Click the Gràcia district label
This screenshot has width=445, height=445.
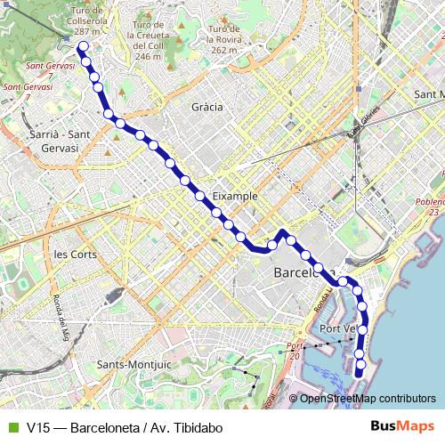207,107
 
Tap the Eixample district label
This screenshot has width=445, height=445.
236,195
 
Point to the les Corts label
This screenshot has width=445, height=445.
75,254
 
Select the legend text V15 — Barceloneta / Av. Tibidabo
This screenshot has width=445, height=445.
125,427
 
